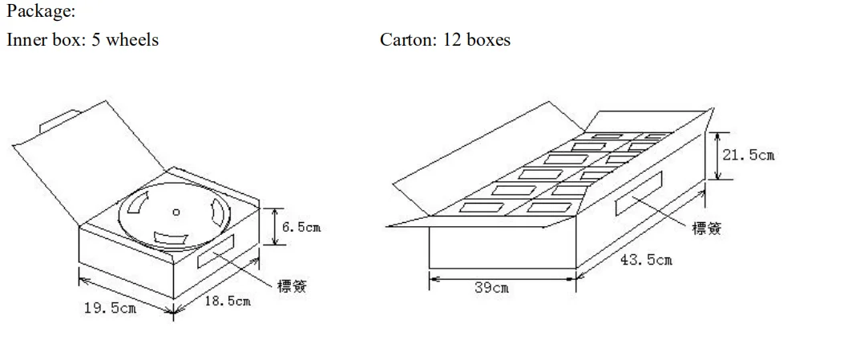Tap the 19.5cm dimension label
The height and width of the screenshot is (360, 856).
110,309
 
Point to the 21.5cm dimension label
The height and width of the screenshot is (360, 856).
748,155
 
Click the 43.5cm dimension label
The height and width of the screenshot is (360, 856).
646,260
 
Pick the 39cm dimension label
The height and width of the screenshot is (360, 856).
491,287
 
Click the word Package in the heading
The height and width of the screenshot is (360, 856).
38,13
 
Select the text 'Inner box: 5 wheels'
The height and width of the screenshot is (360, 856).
83,40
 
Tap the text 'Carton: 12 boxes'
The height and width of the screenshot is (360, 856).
445,40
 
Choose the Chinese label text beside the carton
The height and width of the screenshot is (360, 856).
706,229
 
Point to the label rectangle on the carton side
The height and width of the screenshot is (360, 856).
639,193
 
